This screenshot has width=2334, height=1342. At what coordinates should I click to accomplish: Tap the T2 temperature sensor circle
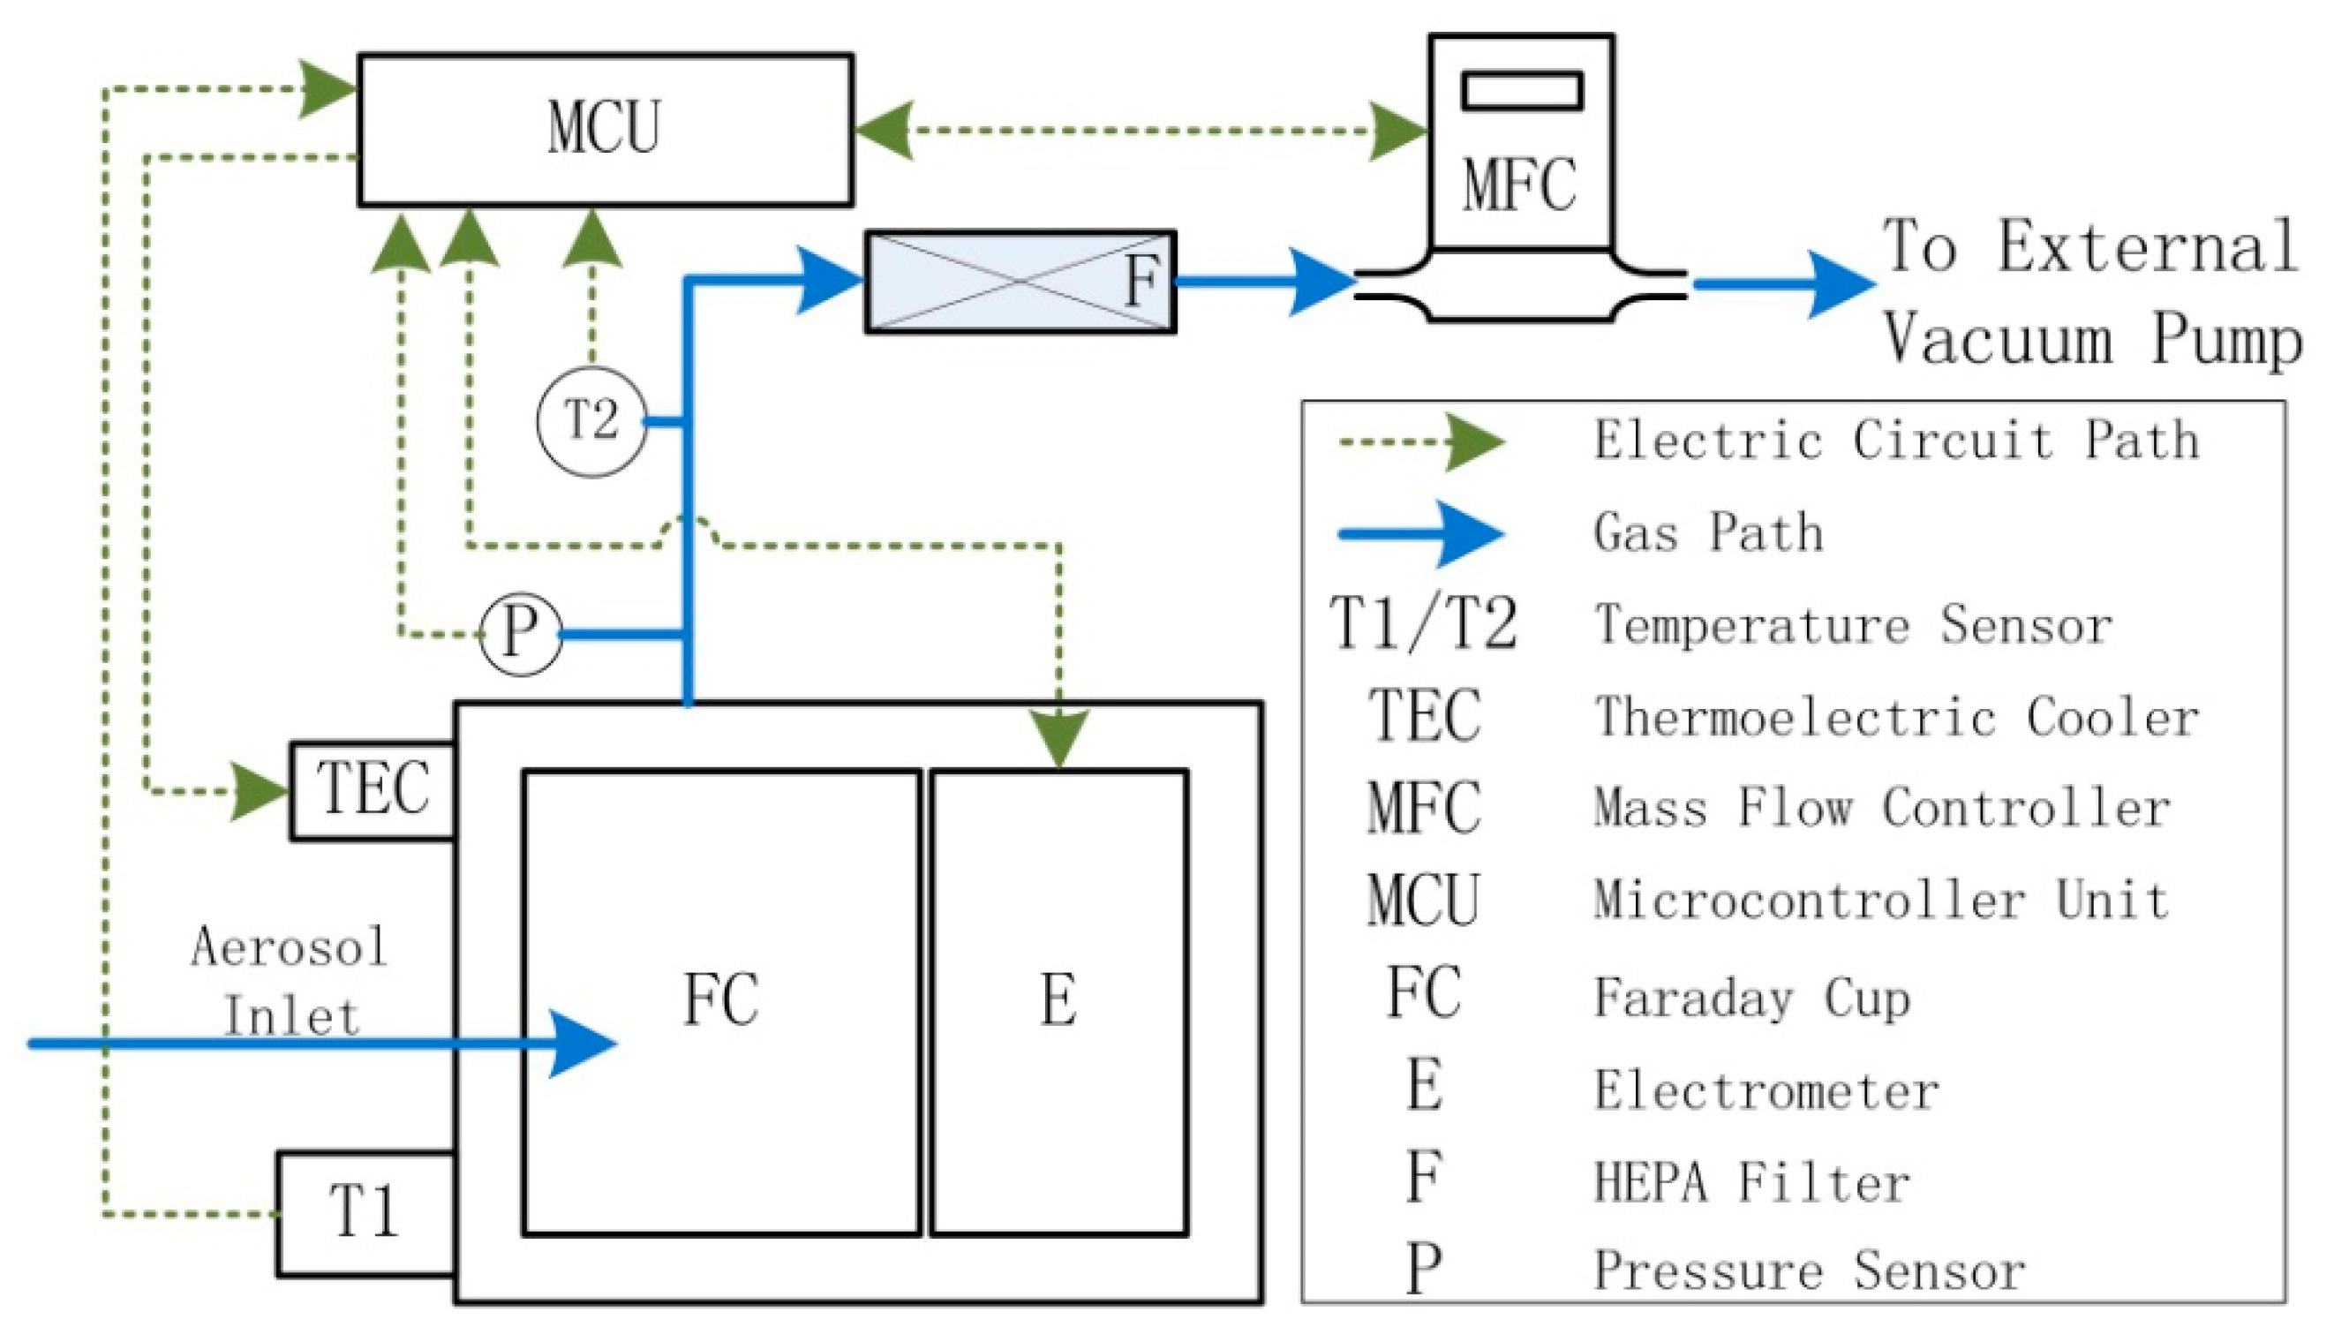(591, 421)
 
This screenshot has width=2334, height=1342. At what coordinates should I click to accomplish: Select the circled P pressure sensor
(521, 634)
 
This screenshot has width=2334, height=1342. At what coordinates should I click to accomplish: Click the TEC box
(373, 790)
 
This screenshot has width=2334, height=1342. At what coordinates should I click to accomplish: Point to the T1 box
(365, 1213)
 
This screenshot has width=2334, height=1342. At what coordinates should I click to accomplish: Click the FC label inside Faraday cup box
(720, 1000)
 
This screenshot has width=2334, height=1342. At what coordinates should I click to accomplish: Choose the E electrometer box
(1058, 1002)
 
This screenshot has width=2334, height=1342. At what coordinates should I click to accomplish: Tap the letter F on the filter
(1141, 281)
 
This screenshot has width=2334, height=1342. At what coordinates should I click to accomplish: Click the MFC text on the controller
(1519, 185)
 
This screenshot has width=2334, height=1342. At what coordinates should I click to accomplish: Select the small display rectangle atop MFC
(1522, 91)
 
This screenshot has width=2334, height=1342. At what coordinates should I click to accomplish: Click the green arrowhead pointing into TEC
(261, 791)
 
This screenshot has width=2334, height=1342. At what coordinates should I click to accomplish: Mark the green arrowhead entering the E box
(1059, 737)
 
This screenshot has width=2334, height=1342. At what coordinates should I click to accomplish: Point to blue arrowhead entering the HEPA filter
(828, 279)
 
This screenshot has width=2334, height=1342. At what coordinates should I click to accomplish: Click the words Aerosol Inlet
(290, 983)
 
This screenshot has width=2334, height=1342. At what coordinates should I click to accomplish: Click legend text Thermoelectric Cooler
(1896, 717)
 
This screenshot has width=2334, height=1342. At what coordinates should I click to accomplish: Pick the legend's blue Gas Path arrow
(1423, 533)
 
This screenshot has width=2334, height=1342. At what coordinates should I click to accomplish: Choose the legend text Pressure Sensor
(1810, 1271)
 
